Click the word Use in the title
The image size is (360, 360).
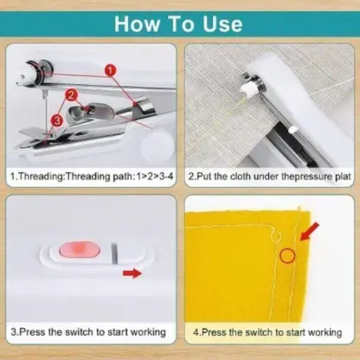[x=223, y=24]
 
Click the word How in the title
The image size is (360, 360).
[x=137, y=24]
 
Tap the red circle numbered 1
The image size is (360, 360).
[x=110, y=70]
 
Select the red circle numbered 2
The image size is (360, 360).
[x=71, y=95]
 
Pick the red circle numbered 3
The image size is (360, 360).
[x=57, y=121]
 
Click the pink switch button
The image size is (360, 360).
[x=79, y=250]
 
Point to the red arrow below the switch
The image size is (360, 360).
[x=132, y=273]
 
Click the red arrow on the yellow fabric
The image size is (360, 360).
[x=309, y=232]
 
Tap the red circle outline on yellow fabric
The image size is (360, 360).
[x=287, y=256]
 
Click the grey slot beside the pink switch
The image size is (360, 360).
[x=115, y=253]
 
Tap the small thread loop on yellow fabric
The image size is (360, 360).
[x=275, y=236]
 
